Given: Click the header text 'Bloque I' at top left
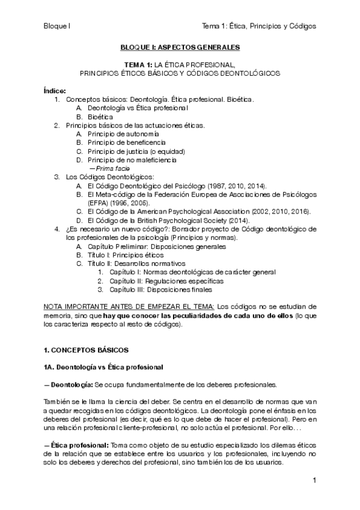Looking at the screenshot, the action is pos(57,26).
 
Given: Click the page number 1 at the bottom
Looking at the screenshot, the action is pos(314,481).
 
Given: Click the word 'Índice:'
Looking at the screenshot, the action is pos(55,90).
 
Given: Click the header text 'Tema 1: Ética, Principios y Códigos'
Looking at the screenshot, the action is pos(260,26).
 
